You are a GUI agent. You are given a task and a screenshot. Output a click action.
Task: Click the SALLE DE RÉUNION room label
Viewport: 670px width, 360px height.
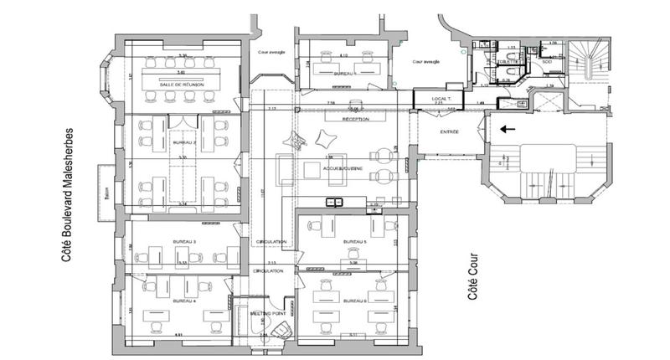(182, 84)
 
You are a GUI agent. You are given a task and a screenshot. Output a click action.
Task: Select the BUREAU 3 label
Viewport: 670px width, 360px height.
(183, 242)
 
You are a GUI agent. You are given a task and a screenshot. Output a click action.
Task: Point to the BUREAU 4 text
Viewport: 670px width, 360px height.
(183, 300)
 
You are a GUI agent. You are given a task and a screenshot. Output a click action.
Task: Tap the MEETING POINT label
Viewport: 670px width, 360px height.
(265, 313)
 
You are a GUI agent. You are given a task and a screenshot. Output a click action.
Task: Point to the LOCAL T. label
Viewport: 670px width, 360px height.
(441, 100)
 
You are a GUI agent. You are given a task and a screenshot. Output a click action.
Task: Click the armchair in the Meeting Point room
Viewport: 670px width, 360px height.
(282, 328)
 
